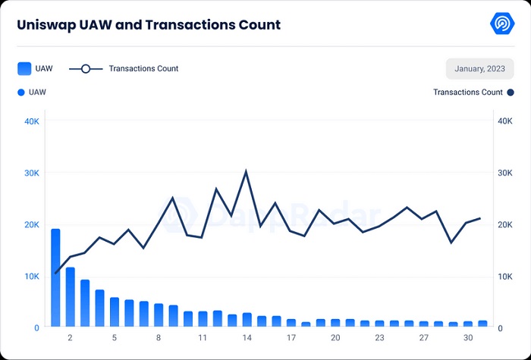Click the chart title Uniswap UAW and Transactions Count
pyautogui.click(x=149, y=25)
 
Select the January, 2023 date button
pyautogui.click(x=480, y=69)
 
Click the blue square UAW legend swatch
pyautogui.click(x=24, y=69)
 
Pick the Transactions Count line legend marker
pyautogui.click(x=86, y=69)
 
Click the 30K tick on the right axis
pyautogui.click(x=504, y=173)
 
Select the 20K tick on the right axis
pyautogui.click(x=504, y=224)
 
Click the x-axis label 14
pyautogui.click(x=247, y=337)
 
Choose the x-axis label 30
pyautogui.click(x=468, y=337)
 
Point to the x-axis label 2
pyautogui.click(x=70, y=337)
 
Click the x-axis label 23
pyautogui.click(x=379, y=337)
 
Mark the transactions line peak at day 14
pyautogui.click(x=246, y=171)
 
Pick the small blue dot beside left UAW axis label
pyautogui.click(x=20, y=92)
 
